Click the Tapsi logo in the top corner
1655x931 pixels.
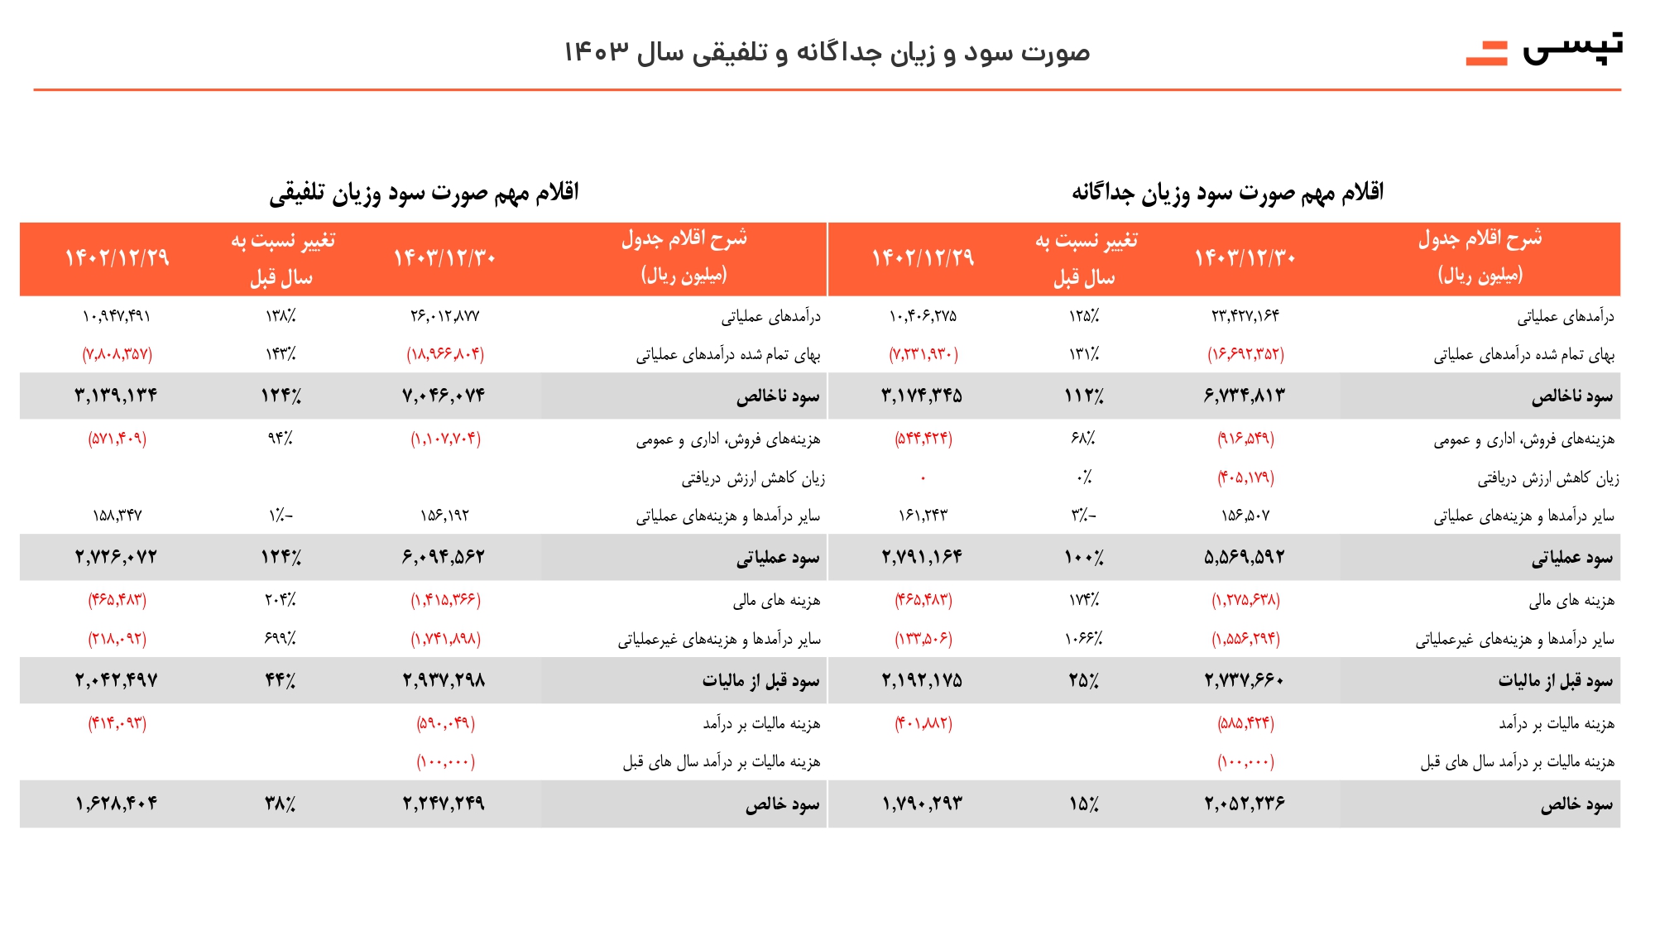pos(1544,49)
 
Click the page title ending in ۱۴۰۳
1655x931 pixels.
pos(827,52)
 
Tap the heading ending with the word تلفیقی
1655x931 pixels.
pos(424,193)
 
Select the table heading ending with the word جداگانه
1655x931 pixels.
pos(1228,193)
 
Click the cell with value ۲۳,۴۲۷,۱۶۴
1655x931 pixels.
pos(1245,316)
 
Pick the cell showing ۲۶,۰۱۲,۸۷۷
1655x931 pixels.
pos(444,316)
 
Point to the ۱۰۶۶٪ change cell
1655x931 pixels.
pos(1083,639)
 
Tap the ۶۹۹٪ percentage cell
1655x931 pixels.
pos(281,639)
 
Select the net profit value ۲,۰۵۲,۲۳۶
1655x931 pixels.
pos(1245,804)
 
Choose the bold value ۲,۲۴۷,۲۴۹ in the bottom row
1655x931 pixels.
pos(444,804)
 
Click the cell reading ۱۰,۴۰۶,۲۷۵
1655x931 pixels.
pos(923,316)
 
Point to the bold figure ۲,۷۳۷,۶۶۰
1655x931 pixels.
pos(1245,681)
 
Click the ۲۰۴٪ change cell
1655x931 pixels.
pos(281,600)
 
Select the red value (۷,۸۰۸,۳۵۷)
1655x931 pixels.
pos(117,354)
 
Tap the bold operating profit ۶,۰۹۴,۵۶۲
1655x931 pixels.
pos(444,558)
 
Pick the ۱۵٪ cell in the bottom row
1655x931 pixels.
pos(1083,804)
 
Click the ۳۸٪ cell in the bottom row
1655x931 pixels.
pos(281,804)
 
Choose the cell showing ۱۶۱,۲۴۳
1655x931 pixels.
pos(923,516)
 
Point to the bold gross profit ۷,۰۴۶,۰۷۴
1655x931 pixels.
pos(444,396)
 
